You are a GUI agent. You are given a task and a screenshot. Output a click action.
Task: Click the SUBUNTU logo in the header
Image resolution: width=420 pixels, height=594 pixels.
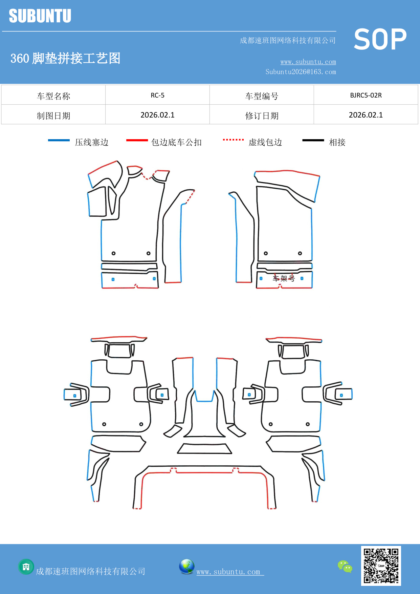coord(40,16)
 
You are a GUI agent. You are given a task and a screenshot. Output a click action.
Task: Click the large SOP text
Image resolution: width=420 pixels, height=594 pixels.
coord(380,40)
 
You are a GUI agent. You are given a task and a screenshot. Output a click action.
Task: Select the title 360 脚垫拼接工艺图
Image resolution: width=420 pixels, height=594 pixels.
coord(65,58)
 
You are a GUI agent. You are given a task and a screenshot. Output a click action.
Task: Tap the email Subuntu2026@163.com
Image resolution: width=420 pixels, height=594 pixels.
coord(301,72)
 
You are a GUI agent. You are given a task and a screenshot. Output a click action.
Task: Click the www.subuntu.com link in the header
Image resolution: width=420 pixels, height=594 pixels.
coord(308,62)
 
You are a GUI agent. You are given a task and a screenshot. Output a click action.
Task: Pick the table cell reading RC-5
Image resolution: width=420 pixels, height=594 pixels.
coord(157,95)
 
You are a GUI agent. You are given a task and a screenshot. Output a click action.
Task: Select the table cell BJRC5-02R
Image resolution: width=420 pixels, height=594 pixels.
coord(366,95)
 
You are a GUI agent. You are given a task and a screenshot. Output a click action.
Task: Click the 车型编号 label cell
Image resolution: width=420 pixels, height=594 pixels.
coord(262,96)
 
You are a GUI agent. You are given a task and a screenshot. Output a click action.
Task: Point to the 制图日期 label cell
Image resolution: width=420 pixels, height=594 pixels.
coord(53,116)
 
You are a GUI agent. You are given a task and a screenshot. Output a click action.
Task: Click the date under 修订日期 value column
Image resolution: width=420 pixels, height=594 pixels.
coord(366,115)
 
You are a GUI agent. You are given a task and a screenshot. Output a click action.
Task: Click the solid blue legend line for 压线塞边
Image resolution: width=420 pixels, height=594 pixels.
coord(59,140)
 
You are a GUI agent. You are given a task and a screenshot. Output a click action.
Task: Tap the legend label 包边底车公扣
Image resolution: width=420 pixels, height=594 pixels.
coord(176,142)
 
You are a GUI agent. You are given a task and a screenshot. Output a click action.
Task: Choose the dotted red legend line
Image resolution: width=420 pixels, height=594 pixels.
coord(233,140)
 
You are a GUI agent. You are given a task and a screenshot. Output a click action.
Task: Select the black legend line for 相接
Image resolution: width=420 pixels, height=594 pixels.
coord(313,140)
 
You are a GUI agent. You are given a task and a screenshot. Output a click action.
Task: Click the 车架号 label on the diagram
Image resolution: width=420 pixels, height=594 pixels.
coord(284,278)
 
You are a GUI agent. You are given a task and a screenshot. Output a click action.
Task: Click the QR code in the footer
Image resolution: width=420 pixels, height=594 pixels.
coord(381,566)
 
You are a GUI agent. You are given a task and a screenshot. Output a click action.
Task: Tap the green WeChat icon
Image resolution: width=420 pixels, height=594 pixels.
coord(345,566)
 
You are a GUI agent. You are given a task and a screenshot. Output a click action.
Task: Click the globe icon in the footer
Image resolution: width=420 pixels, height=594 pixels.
coord(186,566)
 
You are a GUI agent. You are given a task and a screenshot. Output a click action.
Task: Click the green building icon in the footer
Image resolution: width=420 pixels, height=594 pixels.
coord(26,567)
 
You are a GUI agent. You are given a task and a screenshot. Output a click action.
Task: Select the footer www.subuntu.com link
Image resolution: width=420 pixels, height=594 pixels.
coord(228,572)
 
